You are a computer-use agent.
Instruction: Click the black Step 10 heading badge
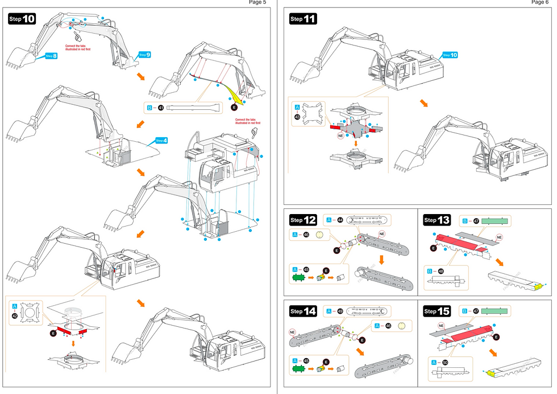pos(22,19)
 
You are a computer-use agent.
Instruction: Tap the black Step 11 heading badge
pos(303,19)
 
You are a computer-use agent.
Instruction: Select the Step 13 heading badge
pos(437,220)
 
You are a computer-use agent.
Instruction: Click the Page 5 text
pos(257,3)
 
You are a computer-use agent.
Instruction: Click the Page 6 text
pos(539,3)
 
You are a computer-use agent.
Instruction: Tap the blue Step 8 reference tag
pos(51,56)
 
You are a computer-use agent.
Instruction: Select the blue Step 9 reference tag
pos(144,55)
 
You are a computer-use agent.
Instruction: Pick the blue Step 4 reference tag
pos(161,140)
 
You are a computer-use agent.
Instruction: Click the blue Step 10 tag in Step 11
pos(450,55)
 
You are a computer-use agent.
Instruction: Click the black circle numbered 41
pos(161,108)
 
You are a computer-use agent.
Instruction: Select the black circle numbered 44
pos(340,219)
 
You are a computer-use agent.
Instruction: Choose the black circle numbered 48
pos(440,271)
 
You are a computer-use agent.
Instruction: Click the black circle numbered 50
pos(445,362)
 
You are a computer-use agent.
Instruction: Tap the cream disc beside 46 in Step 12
pos(319,234)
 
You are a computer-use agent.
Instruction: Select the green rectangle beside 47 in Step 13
pos(496,220)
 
